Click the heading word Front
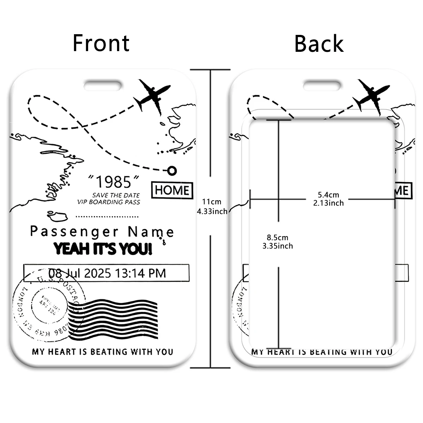coord(101,43)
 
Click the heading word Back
coord(319,44)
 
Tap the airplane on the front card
coord(153,96)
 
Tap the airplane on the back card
coord(372,96)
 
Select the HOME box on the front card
coord(172,190)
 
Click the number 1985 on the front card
coord(114,182)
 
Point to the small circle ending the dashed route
coord(172,171)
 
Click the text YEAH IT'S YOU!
coord(103,249)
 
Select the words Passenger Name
coord(102,232)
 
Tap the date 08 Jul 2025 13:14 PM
coord(107,273)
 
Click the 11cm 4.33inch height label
coord(212,206)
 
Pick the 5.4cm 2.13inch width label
coord(328,199)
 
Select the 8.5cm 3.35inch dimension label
coord(277,242)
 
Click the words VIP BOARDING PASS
coord(109,202)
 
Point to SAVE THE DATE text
coord(116,195)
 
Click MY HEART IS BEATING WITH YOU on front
coord(102,351)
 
